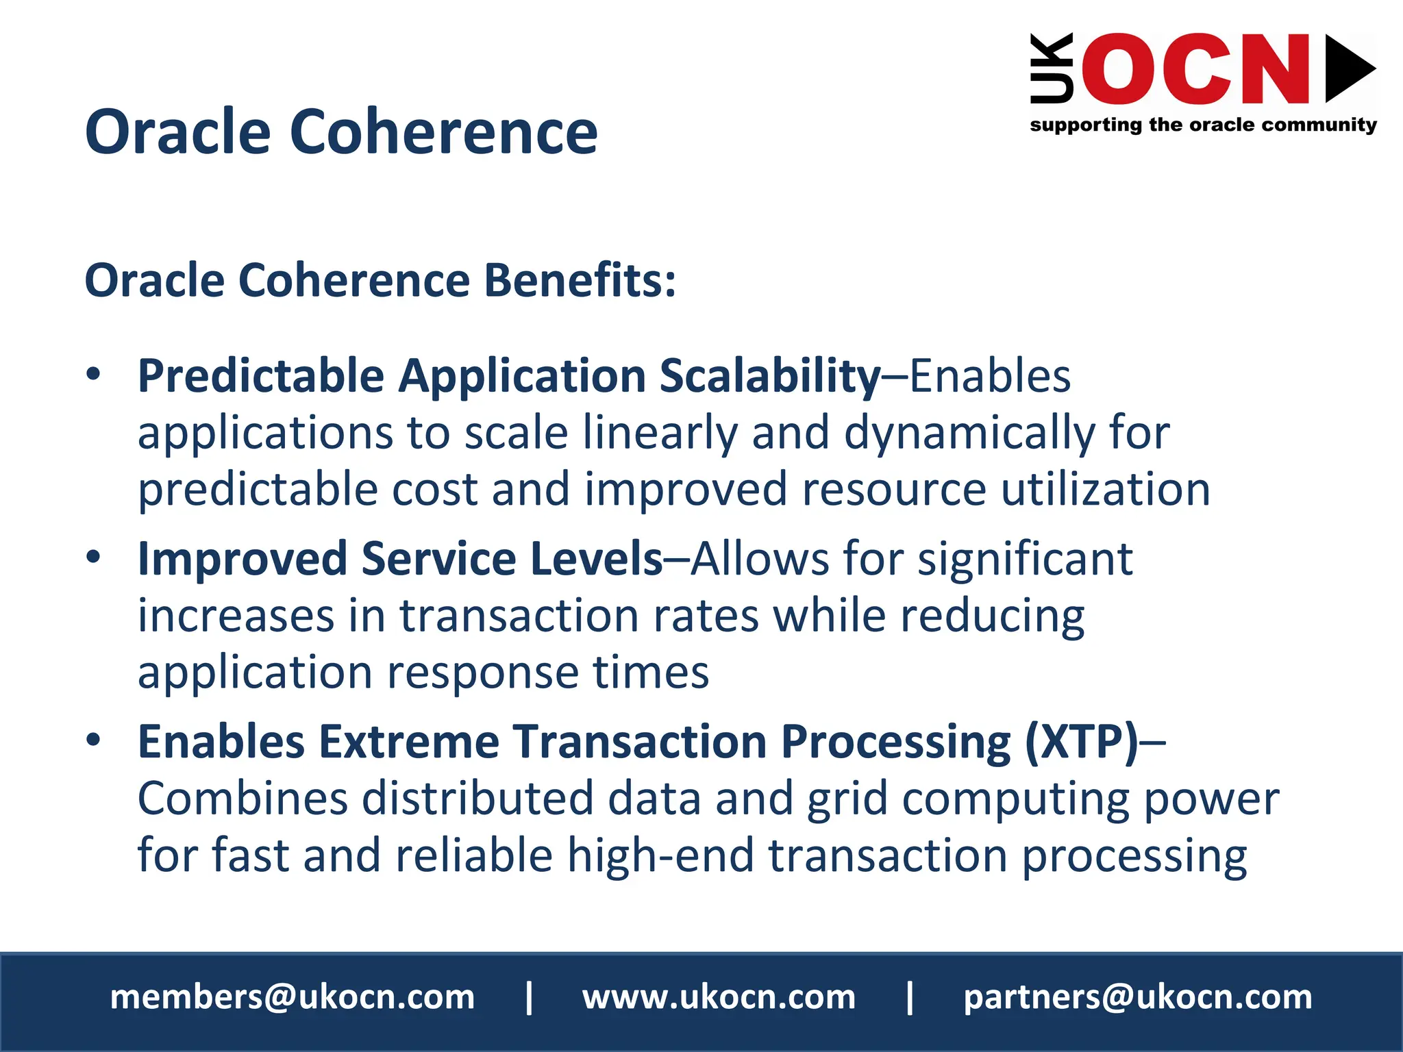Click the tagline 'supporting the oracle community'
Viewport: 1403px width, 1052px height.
(x=1203, y=125)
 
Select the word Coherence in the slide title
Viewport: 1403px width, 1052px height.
(x=444, y=131)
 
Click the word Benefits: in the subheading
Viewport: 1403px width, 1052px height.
(x=580, y=281)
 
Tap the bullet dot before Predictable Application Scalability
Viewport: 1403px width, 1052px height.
(x=94, y=374)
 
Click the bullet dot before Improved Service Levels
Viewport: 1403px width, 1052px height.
(x=94, y=556)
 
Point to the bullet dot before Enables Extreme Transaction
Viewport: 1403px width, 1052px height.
(x=94, y=739)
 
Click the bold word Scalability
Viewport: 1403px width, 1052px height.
(x=769, y=376)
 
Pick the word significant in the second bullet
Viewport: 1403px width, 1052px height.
(x=1025, y=558)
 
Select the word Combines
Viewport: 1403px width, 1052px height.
(x=243, y=799)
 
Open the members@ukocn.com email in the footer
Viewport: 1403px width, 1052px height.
(x=293, y=997)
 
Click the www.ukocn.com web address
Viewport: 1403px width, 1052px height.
(x=719, y=997)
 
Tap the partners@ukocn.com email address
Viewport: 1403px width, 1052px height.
(x=1138, y=997)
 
